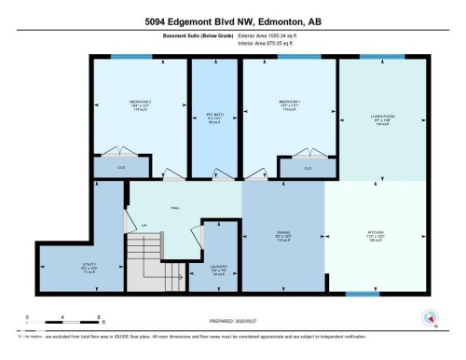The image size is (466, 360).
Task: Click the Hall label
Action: [x=174, y=208]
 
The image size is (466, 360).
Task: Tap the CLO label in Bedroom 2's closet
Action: [x=121, y=167]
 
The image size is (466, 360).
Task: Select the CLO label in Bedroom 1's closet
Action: [x=308, y=168]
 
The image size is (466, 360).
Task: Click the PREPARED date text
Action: [x=231, y=316]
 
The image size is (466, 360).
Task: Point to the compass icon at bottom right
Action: [x=429, y=316]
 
